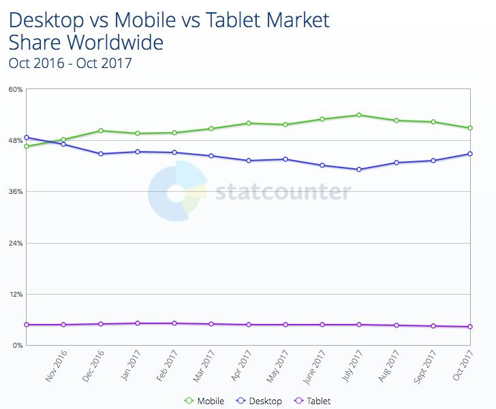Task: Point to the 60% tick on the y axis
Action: (15, 89)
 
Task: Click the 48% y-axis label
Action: (15, 140)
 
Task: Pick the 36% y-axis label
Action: (15, 192)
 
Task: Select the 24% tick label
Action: (15, 243)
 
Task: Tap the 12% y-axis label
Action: (15, 295)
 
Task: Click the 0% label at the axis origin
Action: (17, 346)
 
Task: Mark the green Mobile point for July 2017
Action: (359, 115)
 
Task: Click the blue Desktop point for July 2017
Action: (359, 169)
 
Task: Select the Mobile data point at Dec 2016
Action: (100, 131)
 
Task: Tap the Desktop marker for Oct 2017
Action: (470, 154)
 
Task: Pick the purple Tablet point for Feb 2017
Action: (174, 323)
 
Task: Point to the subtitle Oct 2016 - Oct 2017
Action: (69, 63)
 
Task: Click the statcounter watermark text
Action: (283, 193)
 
